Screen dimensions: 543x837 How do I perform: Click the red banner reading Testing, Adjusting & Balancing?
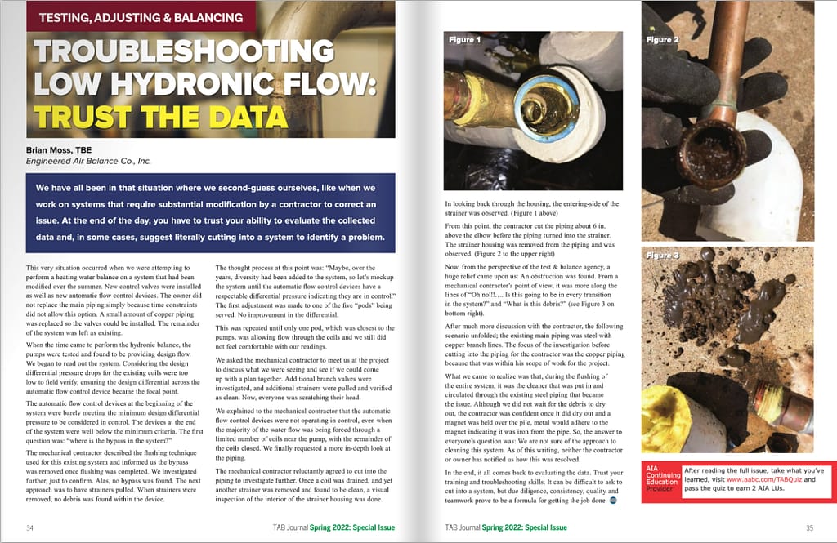click(141, 16)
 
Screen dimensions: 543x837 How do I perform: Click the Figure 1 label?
click(463, 39)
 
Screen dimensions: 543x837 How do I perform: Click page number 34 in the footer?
click(30, 528)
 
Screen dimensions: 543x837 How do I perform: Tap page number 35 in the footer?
click(808, 528)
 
